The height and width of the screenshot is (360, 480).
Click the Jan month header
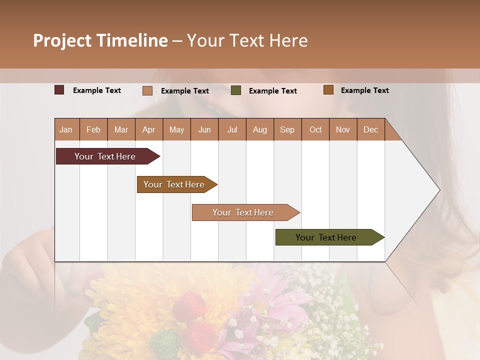click(66, 129)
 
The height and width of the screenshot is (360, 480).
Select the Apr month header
click(149, 129)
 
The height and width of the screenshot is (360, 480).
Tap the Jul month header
click(232, 129)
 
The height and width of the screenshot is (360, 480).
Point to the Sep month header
click(287, 129)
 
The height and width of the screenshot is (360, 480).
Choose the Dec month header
click(370, 129)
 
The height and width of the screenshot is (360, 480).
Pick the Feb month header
click(93, 129)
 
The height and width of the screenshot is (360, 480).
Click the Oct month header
click(315, 129)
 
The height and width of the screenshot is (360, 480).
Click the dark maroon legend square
click(59, 90)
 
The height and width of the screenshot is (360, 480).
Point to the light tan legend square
click(147, 90)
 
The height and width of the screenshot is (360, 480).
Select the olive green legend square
click(236, 90)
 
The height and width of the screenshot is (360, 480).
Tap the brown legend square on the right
click(328, 90)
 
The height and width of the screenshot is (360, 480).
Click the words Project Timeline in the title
click(100, 40)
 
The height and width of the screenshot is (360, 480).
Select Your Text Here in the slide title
click(247, 40)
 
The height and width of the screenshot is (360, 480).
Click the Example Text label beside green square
click(272, 91)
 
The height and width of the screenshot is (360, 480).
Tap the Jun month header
click(204, 129)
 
